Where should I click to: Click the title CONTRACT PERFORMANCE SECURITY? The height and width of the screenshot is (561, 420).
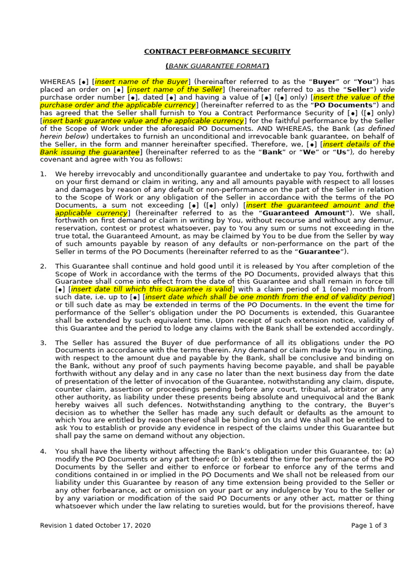pos(217,51)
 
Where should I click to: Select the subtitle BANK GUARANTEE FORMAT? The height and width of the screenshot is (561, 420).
pos(217,66)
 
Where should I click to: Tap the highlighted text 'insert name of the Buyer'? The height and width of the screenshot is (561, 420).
pos(141,82)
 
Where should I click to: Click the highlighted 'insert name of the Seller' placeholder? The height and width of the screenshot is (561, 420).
pos(176,89)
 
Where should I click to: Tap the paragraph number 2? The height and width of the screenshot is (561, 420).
pos(43,266)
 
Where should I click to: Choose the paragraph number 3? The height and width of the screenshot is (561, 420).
pos(43,343)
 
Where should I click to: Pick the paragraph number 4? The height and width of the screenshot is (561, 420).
pos(43,451)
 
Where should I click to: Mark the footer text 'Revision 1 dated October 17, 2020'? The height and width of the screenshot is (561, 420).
pos(95,525)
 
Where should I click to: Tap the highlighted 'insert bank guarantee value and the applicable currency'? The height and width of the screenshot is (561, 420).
pos(143,121)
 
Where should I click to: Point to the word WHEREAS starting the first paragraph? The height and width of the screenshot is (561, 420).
pos(57,82)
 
